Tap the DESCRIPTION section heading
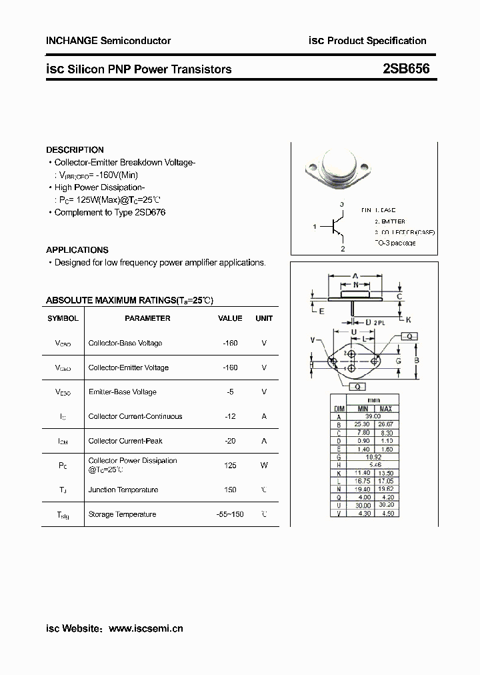(x=75, y=150)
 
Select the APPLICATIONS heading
(x=77, y=249)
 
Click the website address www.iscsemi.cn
(x=145, y=628)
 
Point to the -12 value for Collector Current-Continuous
(x=230, y=416)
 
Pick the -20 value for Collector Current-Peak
(x=230, y=441)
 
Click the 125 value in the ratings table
(x=230, y=465)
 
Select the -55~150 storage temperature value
(x=230, y=514)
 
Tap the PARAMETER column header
(x=147, y=318)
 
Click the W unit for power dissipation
(x=264, y=465)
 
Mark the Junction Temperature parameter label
(x=123, y=490)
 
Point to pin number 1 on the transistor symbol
(x=314, y=227)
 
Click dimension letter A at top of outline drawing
(x=355, y=275)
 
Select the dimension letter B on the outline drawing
(x=416, y=361)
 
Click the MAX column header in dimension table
(x=385, y=408)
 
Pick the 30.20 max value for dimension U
(x=385, y=505)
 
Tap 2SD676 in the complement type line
(x=150, y=212)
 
